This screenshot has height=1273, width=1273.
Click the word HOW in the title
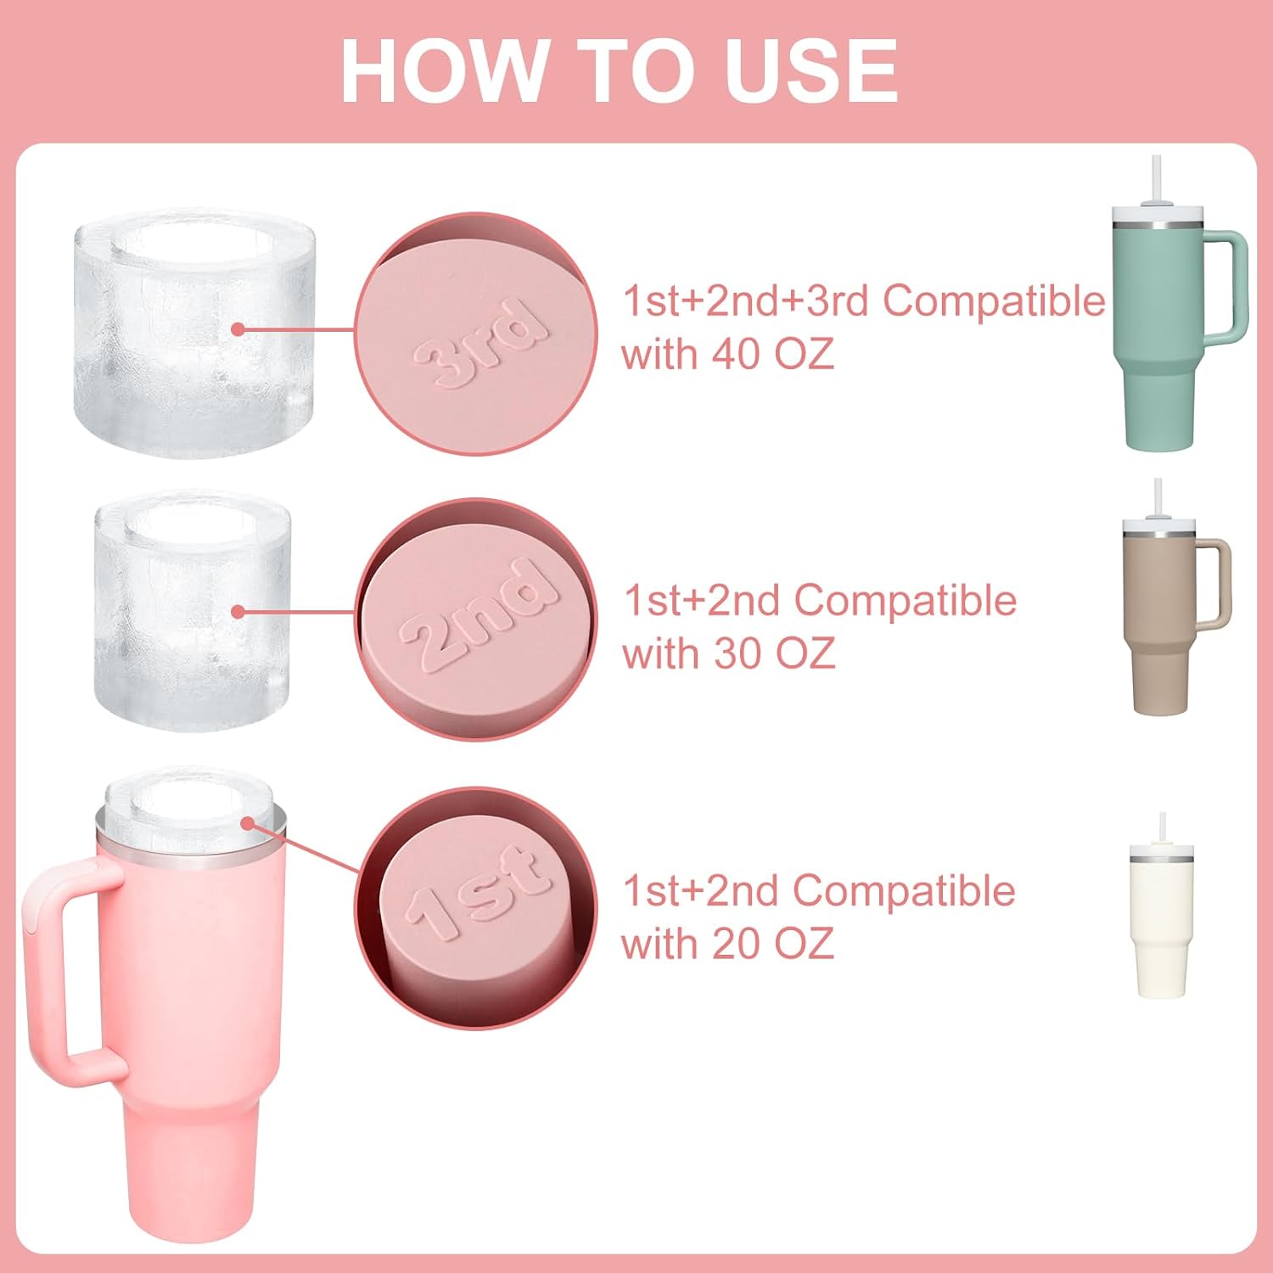pos(444,71)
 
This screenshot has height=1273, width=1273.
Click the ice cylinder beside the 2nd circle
pos(193,611)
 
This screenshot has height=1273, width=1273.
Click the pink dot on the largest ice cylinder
pos(238,329)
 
